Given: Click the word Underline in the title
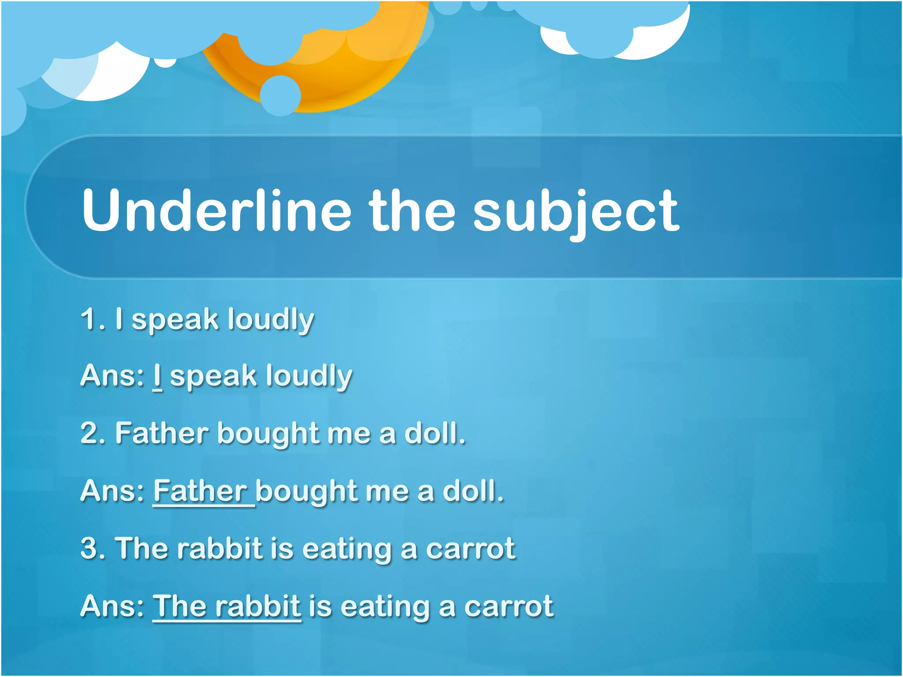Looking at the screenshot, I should coord(216,210).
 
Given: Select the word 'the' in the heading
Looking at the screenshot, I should coord(412,210).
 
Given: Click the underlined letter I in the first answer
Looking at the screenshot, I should coord(157,376).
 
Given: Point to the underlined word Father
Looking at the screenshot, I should coord(201,491).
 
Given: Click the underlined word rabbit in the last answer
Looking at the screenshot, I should coord(258,606).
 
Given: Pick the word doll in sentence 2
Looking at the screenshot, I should coord(434,433).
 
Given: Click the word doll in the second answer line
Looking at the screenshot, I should coord(472,491).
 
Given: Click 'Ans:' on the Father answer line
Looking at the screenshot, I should coord(112,491).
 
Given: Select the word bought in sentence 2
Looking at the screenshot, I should coord(268,433).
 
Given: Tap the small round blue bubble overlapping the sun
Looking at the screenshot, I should coord(280,96).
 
